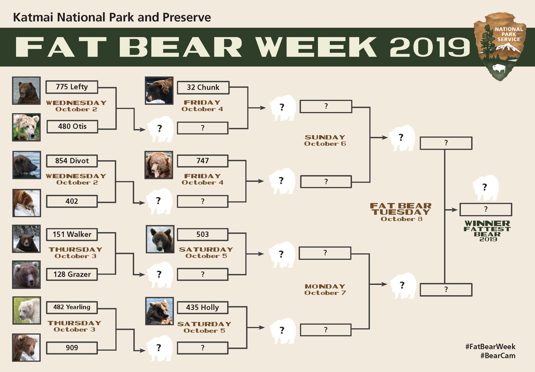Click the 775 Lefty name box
pyautogui.click(x=72, y=87)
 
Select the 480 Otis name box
pyautogui.click(x=72, y=127)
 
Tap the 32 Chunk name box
pyautogui.click(x=203, y=88)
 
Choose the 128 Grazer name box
pyautogui.click(x=72, y=274)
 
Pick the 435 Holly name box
pyautogui.click(x=202, y=308)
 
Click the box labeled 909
pyautogui.click(x=72, y=348)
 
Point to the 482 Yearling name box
pyautogui.click(x=72, y=307)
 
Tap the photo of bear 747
pyautogui.click(x=159, y=165)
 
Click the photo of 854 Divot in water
pyautogui.click(x=27, y=165)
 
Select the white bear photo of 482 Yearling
pyautogui.click(x=27, y=310)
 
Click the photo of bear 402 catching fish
pyautogui.click(x=27, y=203)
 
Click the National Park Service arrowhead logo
pyautogui.click(x=500, y=46)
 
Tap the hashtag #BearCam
pyautogui.click(x=498, y=356)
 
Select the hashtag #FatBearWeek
pyautogui.click(x=490, y=347)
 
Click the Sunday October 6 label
pyautogui.click(x=325, y=140)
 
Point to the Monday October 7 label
pyautogui.click(x=325, y=289)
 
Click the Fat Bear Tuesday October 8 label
pyautogui.click(x=401, y=212)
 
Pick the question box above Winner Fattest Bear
pyautogui.click(x=485, y=210)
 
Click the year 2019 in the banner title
pyautogui.click(x=430, y=47)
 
